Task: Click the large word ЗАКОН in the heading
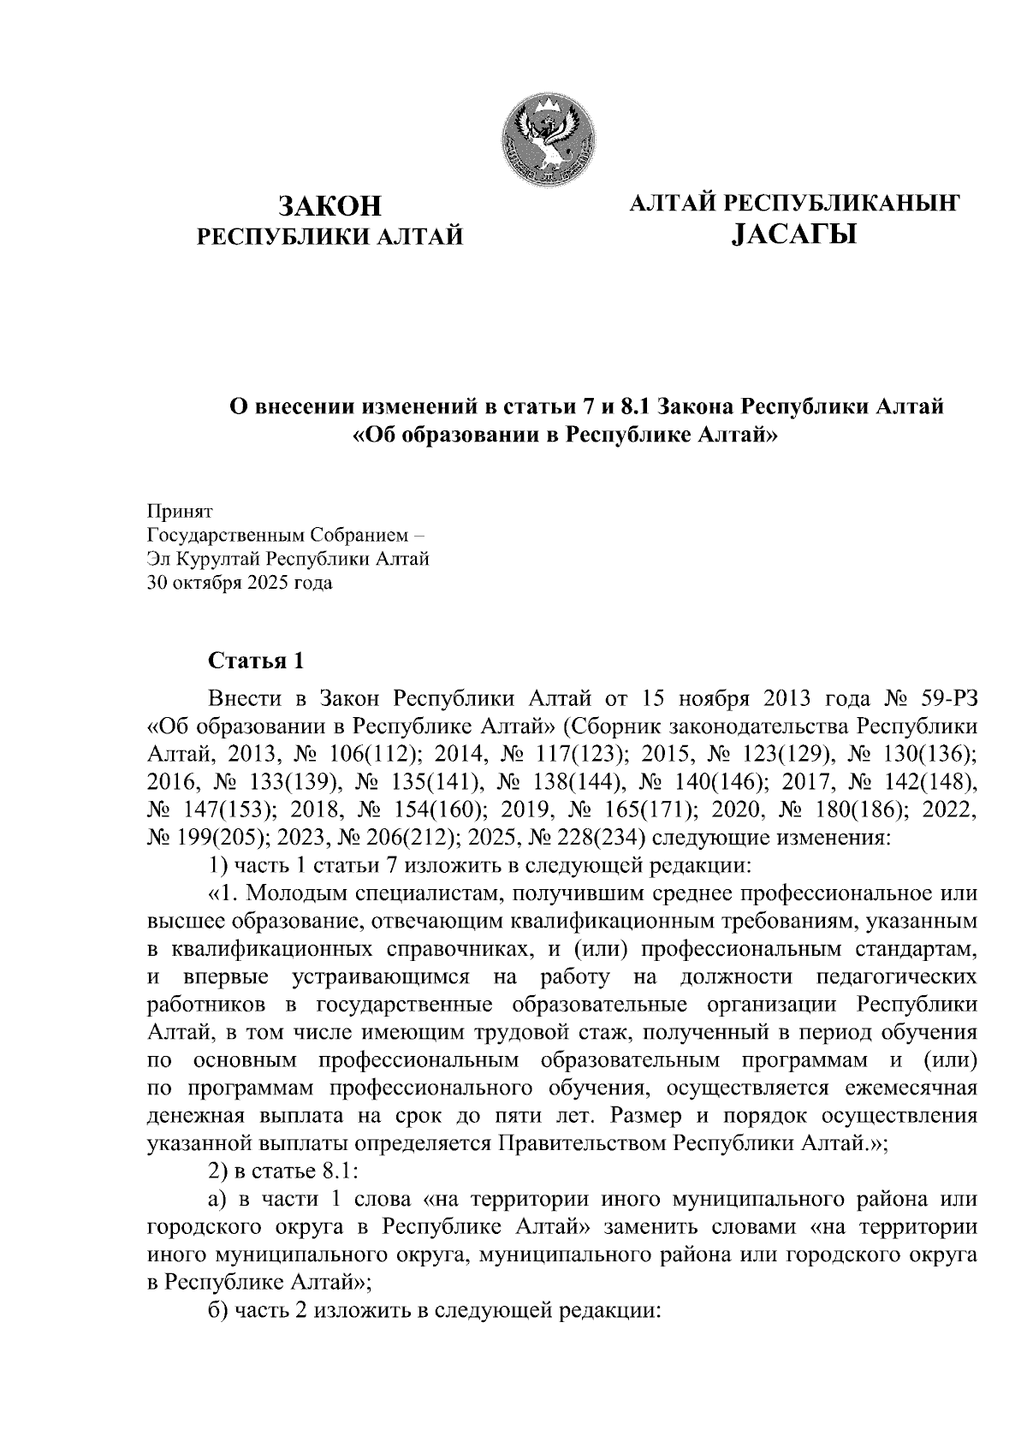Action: (329, 206)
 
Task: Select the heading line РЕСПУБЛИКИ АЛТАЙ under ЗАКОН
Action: (329, 235)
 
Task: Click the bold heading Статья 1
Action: (255, 661)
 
